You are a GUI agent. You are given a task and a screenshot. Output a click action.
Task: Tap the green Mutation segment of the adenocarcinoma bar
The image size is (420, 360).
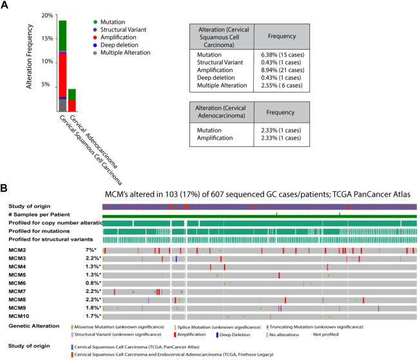[72, 94]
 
